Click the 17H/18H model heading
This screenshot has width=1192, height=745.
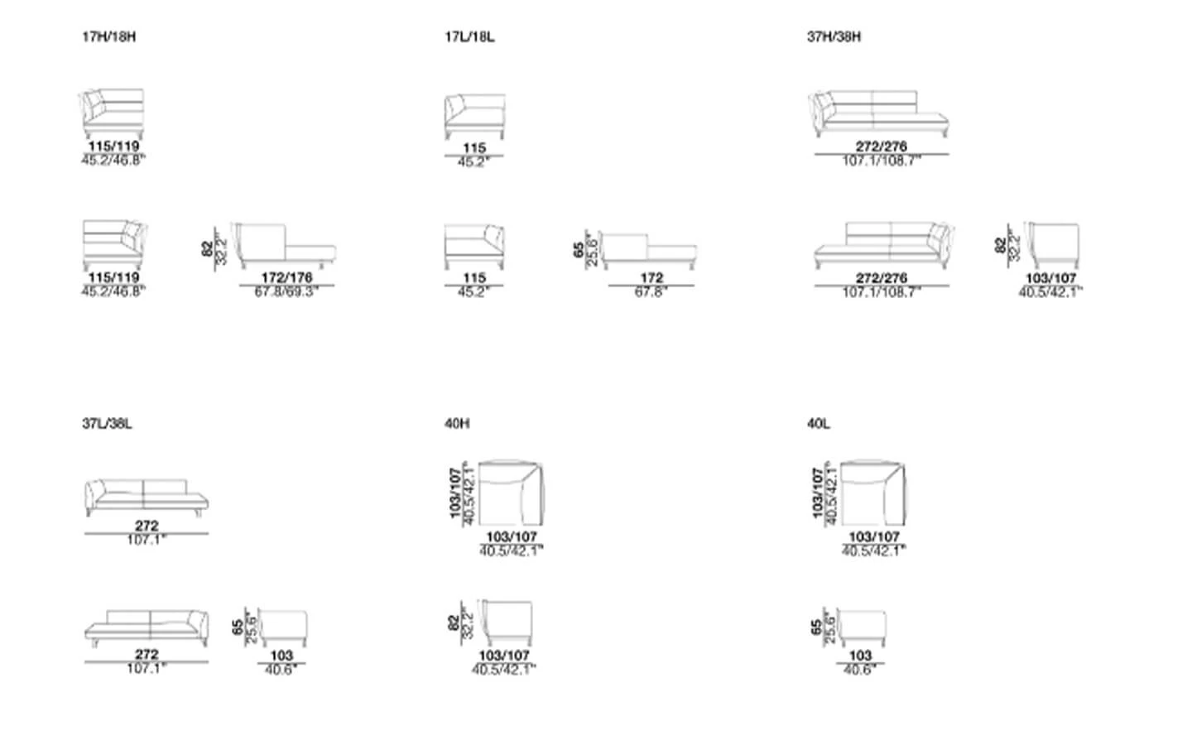(x=108, y=37)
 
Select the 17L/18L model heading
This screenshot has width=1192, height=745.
(x=469, y=37)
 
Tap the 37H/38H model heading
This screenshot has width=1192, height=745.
(x=834, y=37)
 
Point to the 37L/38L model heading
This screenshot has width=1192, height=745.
(x=107, y=424)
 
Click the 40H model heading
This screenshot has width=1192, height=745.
(x=457, y=424)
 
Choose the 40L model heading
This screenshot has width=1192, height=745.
(x=819, y=424)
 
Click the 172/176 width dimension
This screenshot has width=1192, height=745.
(x=286, y=278)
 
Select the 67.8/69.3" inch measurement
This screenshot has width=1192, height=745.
(x=286, y=291)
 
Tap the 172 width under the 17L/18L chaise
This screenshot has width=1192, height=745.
(x=651, y=278)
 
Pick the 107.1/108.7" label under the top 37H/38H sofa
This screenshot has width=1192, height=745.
(x=882, y=160)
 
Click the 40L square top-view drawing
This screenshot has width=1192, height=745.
(x=873, y=493)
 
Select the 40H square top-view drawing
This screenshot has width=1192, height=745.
(x=511, y=493)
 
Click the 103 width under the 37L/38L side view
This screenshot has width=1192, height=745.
(x=281, y=656)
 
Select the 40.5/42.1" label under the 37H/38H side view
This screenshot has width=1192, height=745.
(x=1050, y=291)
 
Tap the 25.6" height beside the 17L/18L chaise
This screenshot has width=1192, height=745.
(x=591, y=248)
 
